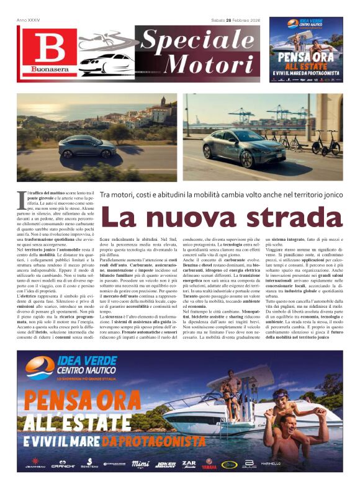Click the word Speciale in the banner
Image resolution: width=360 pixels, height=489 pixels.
(199, 40)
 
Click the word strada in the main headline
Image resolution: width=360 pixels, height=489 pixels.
(291, 217)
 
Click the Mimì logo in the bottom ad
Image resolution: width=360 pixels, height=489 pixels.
(140, 463)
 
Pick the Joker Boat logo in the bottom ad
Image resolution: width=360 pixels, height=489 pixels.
(165, 463)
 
